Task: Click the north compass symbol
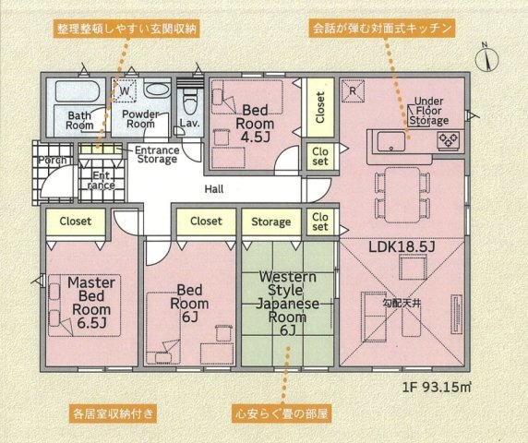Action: [486, 58]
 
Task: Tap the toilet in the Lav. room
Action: [190, 102]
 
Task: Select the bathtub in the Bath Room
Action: [78, 90]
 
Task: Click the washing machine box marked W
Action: [125, 90]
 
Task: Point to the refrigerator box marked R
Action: [353, 90]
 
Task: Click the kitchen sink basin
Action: [391, 141]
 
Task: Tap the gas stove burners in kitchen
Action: [449, 140]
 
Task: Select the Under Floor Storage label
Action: [428, 111]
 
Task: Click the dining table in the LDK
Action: [402, 195]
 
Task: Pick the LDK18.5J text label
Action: [402, 247]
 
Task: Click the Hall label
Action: [214, 189]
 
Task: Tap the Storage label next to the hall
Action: [271, 221]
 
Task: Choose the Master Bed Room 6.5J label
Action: [91, 303]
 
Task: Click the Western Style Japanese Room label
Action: [288, 304]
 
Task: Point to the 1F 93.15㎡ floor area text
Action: [437, 387]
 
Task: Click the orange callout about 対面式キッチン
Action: [382, 29]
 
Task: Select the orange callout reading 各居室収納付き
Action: [114, 413]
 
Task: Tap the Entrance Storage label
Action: [157, 154]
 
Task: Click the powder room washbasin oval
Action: [157, 90]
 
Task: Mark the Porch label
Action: [53, 160]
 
